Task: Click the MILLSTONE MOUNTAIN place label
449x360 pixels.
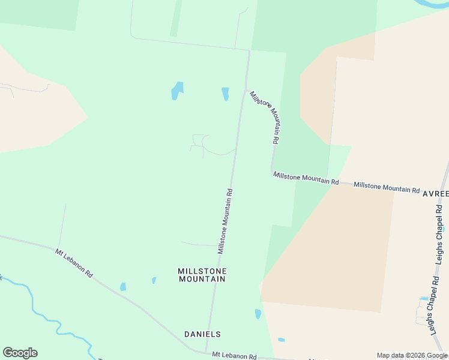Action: (202, 275)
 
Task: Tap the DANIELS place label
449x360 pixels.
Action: (202, 334)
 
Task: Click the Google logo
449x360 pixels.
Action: (20, 352)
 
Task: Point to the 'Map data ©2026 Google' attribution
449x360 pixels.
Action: (411, 355)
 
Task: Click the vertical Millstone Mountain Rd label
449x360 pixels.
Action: (225, 221)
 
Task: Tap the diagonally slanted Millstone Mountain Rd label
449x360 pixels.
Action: (265, 116)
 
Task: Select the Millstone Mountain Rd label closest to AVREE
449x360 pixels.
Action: (387, 187)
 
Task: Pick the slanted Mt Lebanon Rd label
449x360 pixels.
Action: (74, 263)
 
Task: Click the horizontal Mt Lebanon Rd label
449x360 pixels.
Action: (234, 356)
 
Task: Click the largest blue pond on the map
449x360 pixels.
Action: (177, 91)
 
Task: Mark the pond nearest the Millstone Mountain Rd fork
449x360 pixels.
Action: (225, 94)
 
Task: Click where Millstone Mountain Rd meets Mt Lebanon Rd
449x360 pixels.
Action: (206, 353)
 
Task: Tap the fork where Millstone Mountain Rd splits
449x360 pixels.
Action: (245, 90)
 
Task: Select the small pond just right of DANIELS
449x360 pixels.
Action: (258, 314)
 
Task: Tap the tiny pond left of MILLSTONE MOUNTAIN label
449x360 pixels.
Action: (154, 280)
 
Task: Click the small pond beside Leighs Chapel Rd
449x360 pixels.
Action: (424, 298)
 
